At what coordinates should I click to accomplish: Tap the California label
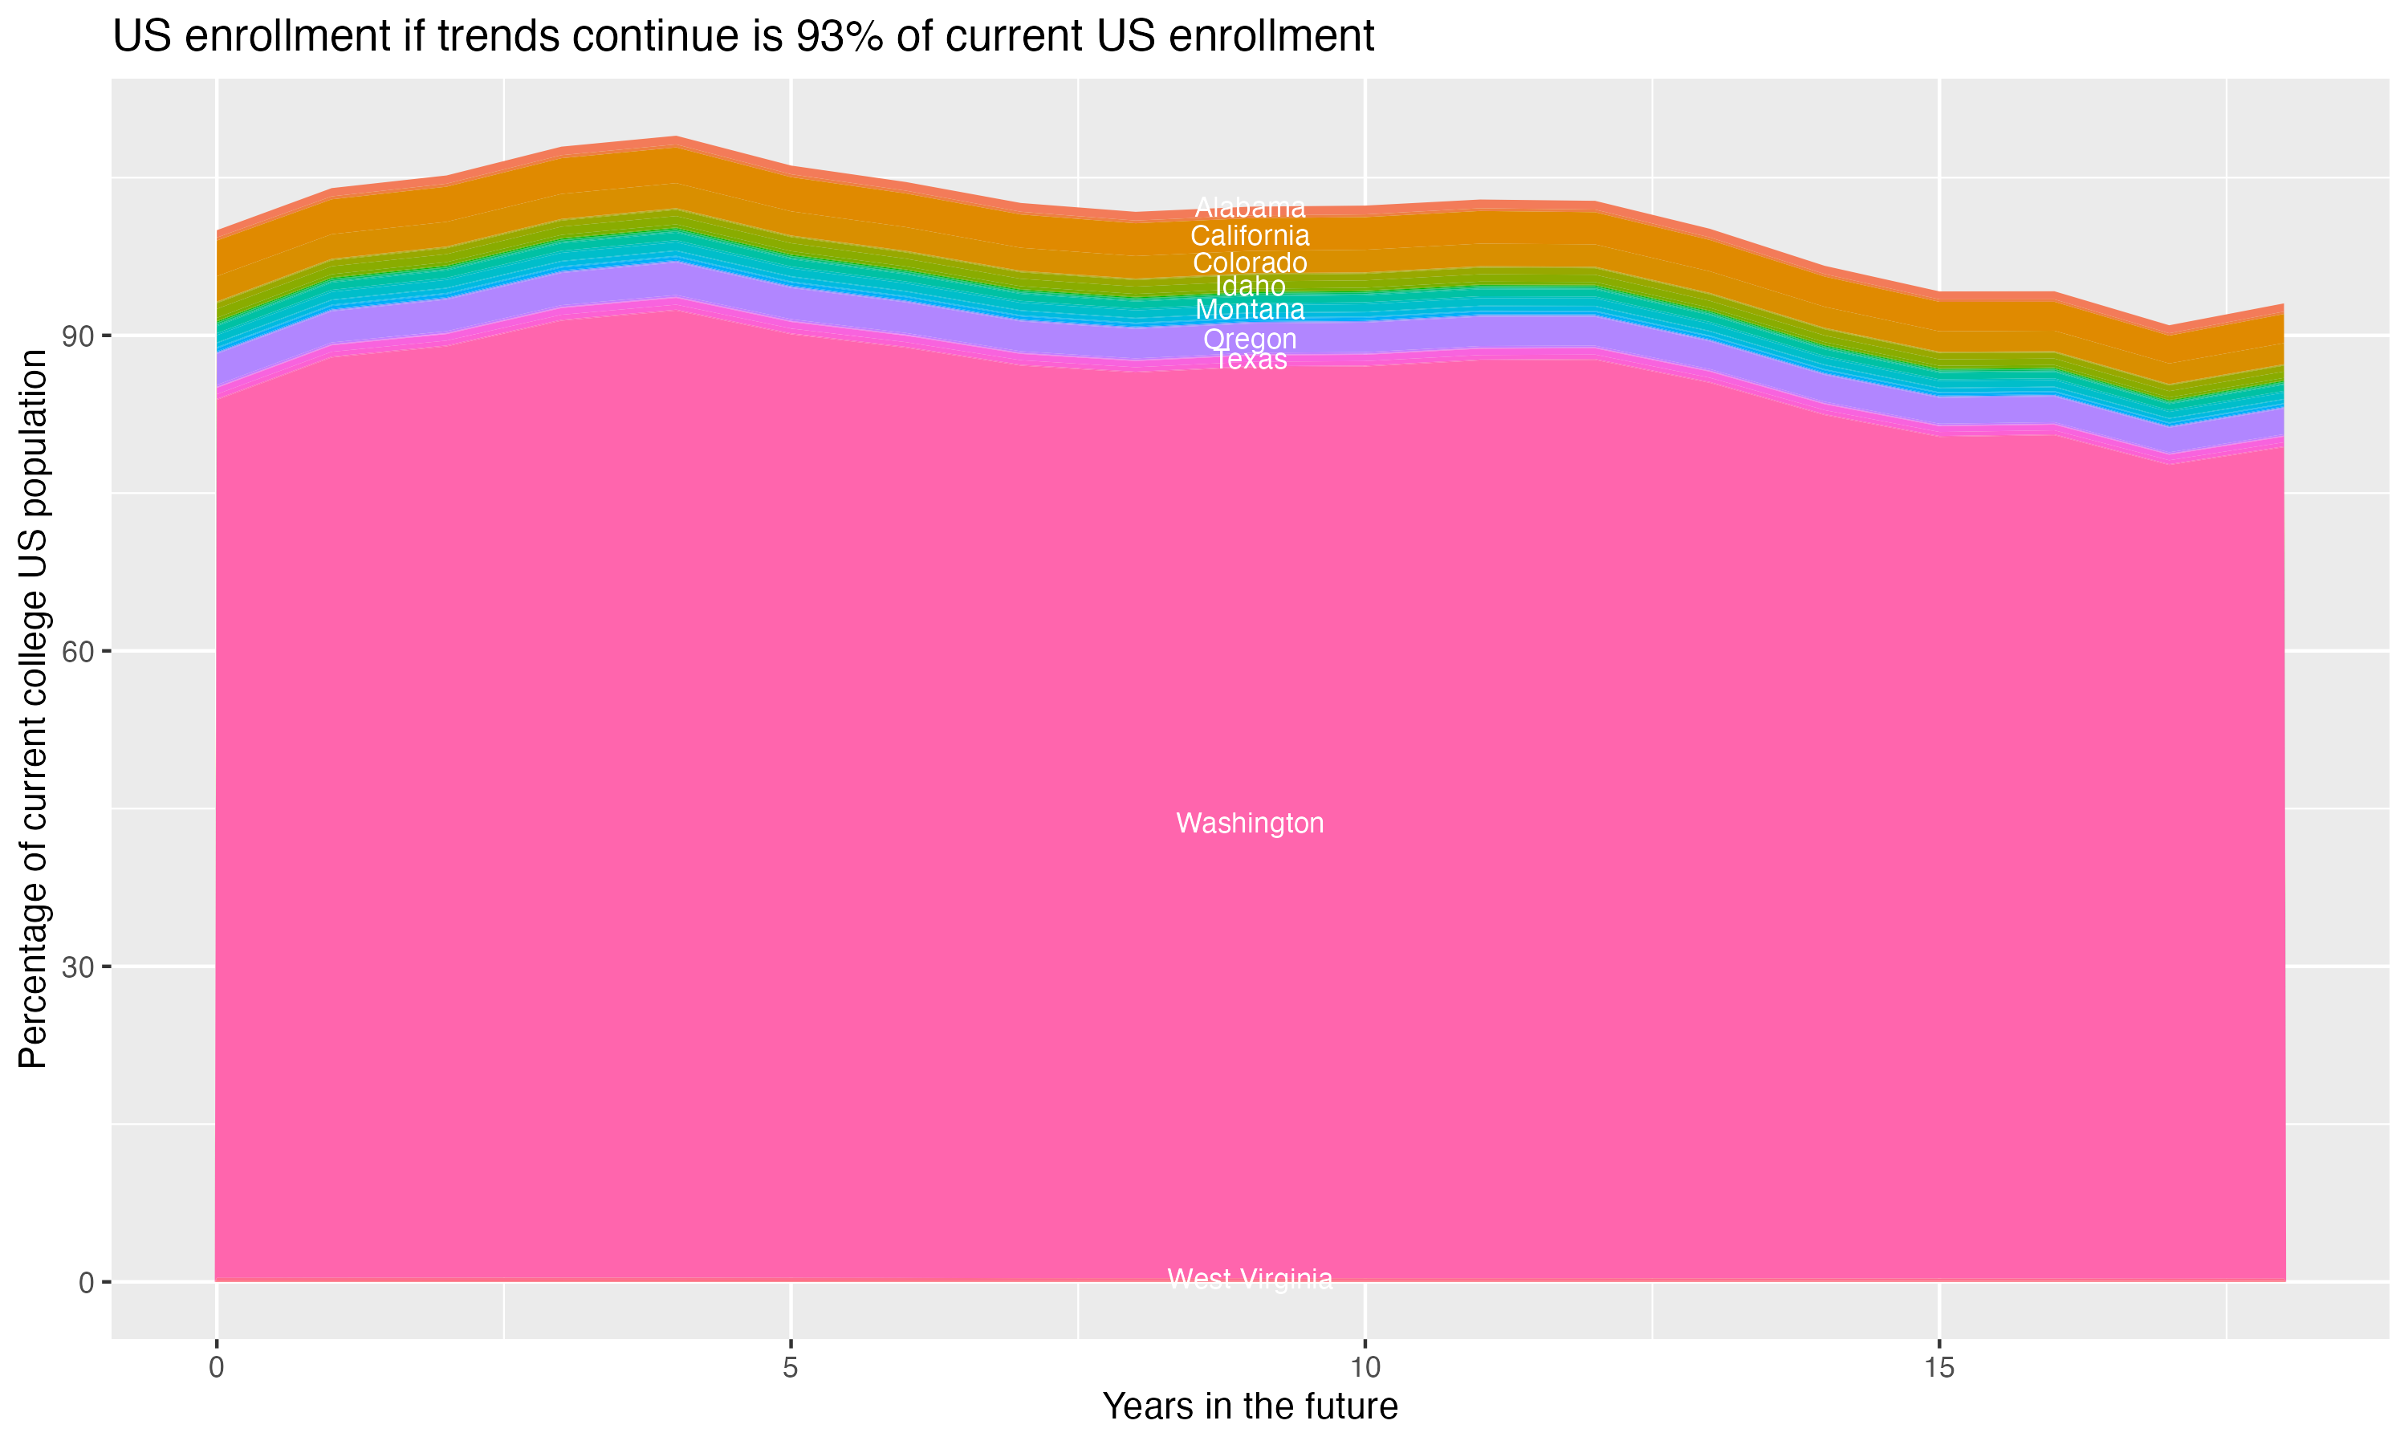point(1250,236)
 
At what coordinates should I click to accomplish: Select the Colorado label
point(1250,263)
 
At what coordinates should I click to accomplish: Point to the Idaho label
point(1250,287)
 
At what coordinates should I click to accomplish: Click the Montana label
point(1250,310)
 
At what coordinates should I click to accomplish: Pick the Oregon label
point(1250,339)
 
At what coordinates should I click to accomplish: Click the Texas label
point(1251,360)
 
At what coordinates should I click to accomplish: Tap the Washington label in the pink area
point(1250,823)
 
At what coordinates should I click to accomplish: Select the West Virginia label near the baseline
point(1250,1279)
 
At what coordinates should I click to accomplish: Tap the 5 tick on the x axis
point(791,1368)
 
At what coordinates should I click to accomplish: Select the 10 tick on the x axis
point(1365,1368)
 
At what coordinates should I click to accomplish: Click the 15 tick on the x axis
point(1939,1368)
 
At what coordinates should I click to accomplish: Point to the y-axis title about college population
point(33,708)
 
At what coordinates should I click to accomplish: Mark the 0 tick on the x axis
point(217,1368)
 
